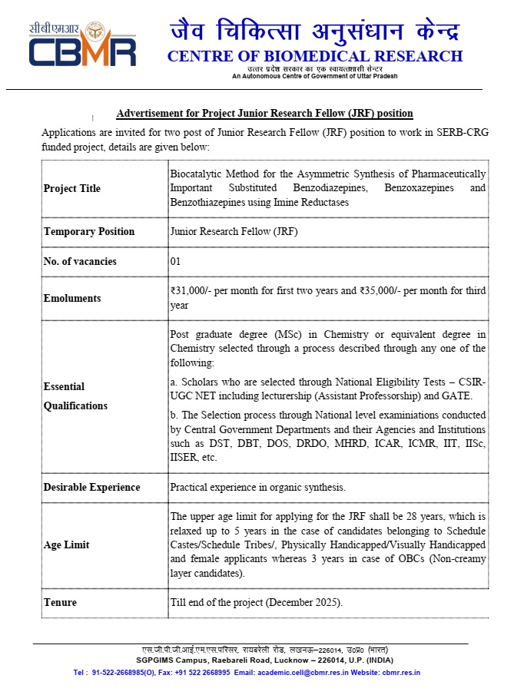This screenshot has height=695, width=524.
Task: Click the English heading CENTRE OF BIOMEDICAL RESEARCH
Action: click(315, 56)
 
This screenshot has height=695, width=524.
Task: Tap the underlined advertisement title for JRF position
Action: click(264, 114)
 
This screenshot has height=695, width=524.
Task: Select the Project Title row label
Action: click(72, 189)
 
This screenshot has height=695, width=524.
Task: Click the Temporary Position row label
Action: click(89, 232)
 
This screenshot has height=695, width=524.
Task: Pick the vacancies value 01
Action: click(175, 262)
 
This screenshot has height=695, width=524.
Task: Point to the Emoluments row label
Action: click(72, 298)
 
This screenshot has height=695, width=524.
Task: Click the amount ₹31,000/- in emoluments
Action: click(193, 291)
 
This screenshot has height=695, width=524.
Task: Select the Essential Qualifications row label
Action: click(75, 396)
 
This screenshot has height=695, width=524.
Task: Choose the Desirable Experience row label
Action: click(91, 488)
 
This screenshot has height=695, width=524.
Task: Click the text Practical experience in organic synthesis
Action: click(257, 488)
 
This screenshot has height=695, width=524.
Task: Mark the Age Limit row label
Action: click(66, 545)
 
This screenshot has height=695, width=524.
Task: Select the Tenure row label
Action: click(60, 603)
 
